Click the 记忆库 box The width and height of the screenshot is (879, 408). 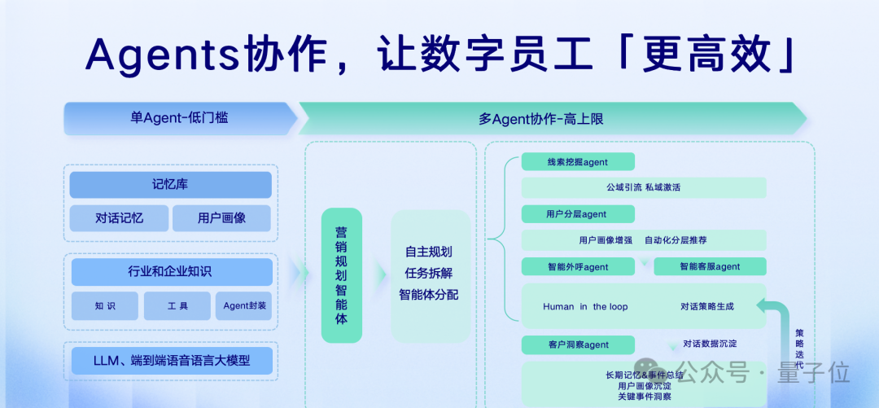(x=170, y=185)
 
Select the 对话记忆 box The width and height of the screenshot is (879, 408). (x=119, y=218)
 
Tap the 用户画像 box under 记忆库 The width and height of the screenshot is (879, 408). (x=221, y=218)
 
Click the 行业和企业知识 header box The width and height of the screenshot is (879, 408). (x=170, y=272)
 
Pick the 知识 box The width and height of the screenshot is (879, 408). (x=105, y=306)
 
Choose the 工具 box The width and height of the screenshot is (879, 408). (x=177, y=306)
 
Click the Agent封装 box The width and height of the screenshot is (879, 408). (x=245, y=306)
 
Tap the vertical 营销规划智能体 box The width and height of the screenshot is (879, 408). (x=342, y=274)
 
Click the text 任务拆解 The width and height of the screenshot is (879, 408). (x=428, y=273)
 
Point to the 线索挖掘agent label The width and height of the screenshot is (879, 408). (x=578, y=162)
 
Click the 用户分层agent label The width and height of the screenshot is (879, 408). (x=577, y=214)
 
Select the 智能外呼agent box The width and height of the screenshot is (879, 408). (x=578, y=266)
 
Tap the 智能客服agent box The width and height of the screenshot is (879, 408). (x=710, y=266)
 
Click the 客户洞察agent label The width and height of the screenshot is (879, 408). (x=578, y=344)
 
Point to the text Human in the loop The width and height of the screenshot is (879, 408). (x=585, y=307)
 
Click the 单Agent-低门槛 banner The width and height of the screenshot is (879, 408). (x=179, y=118)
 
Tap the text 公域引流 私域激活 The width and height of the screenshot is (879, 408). (x=643, y=188)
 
